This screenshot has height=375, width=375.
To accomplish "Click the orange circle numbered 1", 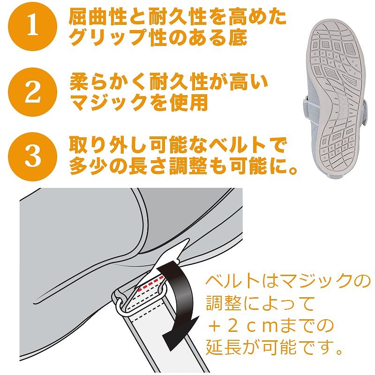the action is (x=32, y=26).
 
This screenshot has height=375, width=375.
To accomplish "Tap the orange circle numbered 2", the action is (x=32, y=92).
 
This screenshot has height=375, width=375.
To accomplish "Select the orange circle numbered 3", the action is (x=32, y=157).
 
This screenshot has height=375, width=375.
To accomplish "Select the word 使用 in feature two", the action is (x=188, y=103).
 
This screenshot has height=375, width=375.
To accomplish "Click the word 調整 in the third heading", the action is (x=188, y=166).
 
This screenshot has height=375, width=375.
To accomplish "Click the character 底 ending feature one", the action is (x=238, y=37).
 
